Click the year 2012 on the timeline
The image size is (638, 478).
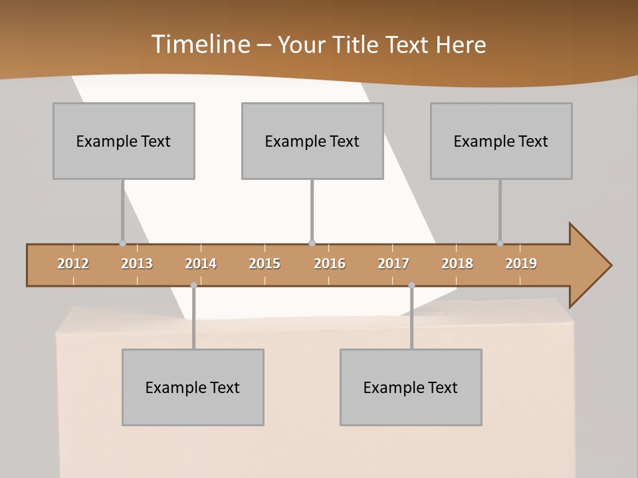tap(73, 264)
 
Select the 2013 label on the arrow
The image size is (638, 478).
tap(137, 264)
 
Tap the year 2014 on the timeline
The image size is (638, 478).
tap(201, 264)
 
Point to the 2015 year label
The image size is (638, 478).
tap(265, 264)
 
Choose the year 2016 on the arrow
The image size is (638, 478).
tap(330, 264)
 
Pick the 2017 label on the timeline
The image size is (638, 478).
tap(393, 264)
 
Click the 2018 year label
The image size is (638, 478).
tap(457, 264)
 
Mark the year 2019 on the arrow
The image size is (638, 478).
tap(521, 264)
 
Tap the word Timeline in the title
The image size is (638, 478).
tap(199, 44)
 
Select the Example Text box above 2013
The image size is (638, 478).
tap(124, 141)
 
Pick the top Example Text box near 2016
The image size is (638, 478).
tap(312, 141)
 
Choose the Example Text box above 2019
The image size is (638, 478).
tap(501, 141)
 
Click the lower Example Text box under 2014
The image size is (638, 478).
tap(193, 387)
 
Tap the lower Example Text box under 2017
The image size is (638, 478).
tap(411, 387)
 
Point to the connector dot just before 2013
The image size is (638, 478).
tap(122, 243)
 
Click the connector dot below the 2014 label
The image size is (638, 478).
tap(193, 285)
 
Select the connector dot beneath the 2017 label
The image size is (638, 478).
tap(411, 285)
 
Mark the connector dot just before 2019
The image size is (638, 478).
tap(500, 243)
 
